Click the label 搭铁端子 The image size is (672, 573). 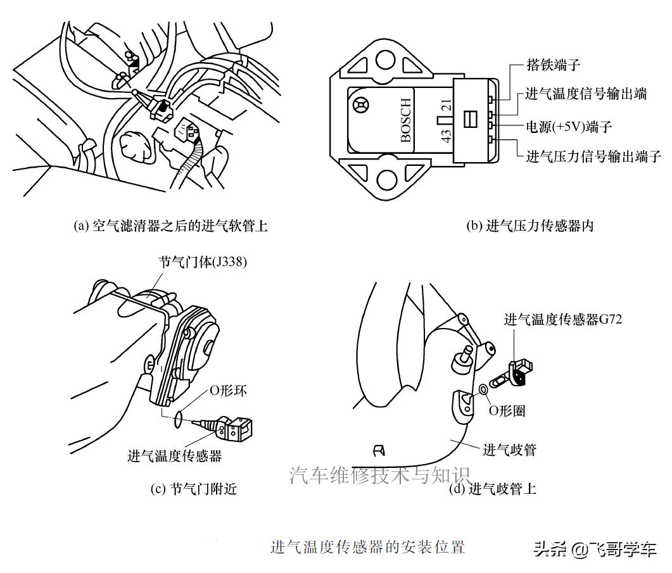(553, 65)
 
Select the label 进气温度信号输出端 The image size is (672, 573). (586, 94)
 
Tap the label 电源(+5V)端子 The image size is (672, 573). (569, 126)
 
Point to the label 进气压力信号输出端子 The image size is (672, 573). (593, 156)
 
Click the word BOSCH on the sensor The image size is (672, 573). (406, 120)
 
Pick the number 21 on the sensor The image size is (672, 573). (446, 104)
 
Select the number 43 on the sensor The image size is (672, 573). (446, 135)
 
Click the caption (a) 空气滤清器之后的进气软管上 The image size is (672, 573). (171, 226)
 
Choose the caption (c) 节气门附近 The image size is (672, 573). (194, 489)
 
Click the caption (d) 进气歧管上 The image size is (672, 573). (492, 489)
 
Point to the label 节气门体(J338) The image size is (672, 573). (202, 261)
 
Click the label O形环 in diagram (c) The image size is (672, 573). (228, 391)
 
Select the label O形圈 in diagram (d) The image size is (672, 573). (507, 410)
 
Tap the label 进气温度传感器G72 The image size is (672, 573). (562, 319)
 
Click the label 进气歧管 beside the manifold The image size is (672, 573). (510, 450)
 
